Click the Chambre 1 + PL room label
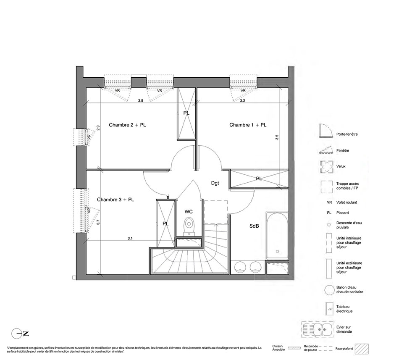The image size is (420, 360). coord(248,125)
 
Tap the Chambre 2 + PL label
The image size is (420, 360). coord(127,125)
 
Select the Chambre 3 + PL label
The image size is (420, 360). coord(115,200)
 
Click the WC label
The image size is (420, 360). coord(189,212)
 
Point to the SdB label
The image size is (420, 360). coord(254,226)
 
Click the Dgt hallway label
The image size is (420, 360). coord(215,183)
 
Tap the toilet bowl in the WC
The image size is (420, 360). coord(189,223)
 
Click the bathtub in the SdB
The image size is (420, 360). coord(277,235)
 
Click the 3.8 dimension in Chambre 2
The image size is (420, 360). coord(140,101)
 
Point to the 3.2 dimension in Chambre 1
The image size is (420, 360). coord(242,101)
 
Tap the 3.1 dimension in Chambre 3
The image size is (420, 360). coord(130,238)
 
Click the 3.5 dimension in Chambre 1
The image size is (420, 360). coord(277,137)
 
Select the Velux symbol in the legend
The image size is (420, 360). coord(326,167)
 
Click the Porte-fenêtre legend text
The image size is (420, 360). coord(347,134)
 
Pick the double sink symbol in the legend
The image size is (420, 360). coord(317,329)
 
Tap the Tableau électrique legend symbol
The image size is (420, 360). coord(328,309)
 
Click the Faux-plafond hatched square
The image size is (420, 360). coord(362,349)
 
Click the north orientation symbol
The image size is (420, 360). coord(20,334)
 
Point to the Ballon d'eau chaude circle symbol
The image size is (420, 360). coord(329,290)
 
